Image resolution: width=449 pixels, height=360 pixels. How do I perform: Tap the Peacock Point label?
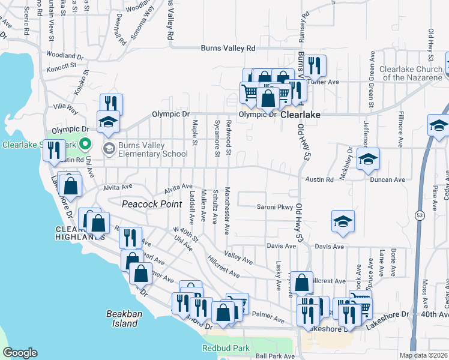coord(152,204)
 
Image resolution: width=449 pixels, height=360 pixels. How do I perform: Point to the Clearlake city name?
coord(301,114)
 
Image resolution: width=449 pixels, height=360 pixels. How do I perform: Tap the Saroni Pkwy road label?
coord(276,207)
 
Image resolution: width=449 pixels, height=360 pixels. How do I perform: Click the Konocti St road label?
coord(61,65)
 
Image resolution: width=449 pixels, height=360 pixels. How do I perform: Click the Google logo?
coord(20,353)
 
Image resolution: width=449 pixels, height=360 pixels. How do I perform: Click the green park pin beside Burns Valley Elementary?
coord(85,144)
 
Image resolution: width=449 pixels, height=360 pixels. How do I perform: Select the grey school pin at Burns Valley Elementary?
coord(109,148)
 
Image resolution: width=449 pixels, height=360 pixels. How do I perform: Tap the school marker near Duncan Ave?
coord(368,158)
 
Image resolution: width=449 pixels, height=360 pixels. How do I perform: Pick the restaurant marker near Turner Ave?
coord(315,65)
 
